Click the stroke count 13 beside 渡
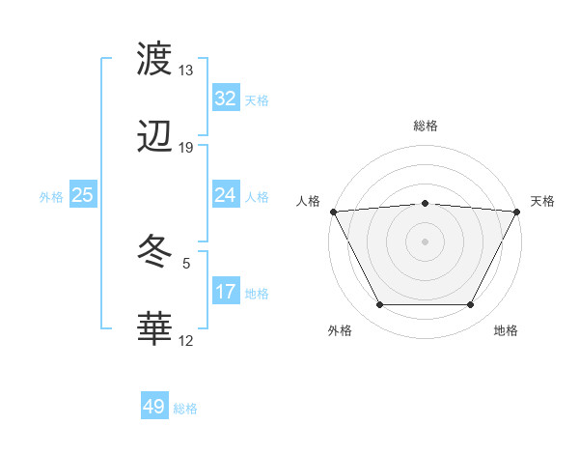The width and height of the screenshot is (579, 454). pyautogui.click(x=185, y=71)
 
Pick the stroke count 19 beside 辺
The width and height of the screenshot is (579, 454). pyautogui.click(x=185, y=148)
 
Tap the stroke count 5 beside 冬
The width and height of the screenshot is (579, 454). pyautogui.click(x=186, y=262)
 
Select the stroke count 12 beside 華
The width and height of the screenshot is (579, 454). pyautogui.click(x=185, y=340)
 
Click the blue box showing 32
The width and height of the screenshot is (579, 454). pyautogui.click(x=225, y=99)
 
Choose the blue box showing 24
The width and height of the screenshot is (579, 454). pyautogui.click(x=225, y=195)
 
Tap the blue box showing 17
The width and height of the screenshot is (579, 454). pyautogui.click(x=225, y=292)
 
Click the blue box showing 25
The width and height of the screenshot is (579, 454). pyautogui.click(x=82, y=195)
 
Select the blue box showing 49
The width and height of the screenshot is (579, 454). pyautogui.click(x=153, y=407)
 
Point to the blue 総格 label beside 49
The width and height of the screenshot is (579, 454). pyautogui.click(x=185, y=409)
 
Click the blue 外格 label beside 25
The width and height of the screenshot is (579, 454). pyautogui.click(x=51, y=197)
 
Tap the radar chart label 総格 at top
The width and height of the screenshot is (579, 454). pyautogui.click(x=426, y=126)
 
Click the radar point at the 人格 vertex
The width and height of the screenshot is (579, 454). pyautogui.click(x=332, y=211)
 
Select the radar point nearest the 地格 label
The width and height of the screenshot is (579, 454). pyautogui.click(x=471, y=305)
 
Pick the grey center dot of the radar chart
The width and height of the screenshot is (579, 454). pyautogui.click(x=425, y=241)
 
